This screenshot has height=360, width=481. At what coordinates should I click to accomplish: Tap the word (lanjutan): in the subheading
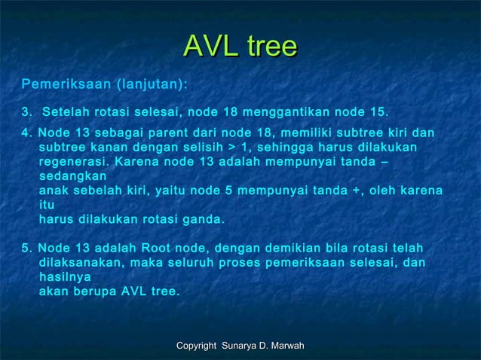(150, 82)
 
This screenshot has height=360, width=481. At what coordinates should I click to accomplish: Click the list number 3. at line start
(28, 114)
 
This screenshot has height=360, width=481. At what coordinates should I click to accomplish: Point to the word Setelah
(66, 114)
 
